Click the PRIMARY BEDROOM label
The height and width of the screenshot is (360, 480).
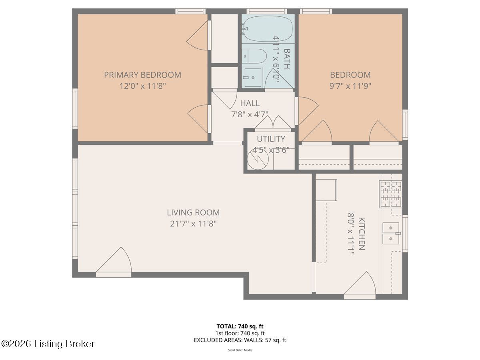pyautogui.click(x=142, y=75)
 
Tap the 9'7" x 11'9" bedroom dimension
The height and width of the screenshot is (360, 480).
pyautogui.click(x=350, y=86)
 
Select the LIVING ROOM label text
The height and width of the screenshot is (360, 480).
pyautogui.click(x=193, y=212)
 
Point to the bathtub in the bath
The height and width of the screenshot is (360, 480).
pyautogui.click(x=268, y=29)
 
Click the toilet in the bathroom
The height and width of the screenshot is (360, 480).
pyautogui.click(x=254, y=56)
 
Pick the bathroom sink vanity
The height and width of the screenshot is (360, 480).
pyautogui.click(x=252, y=77)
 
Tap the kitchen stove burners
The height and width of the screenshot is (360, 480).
pyautogui.click(x=391, y=194)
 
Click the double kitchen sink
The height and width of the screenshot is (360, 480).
pyautogui.click(x=391, y=233)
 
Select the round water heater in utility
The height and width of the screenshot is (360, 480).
pyautogui.click(x=258, y=159)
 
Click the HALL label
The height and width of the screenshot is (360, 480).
pyautogui.click(x=250, y=103)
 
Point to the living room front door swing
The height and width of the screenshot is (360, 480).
pyautogui.click(x=114, y=260)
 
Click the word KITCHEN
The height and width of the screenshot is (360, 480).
pyautogui.click(x=361, y=234)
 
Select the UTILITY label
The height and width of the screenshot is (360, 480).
pyautogui.click(x=271, y=139)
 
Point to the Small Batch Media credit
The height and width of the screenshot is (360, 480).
pyautogui.click(x=240, y=350)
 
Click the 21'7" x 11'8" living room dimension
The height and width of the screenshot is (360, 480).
pyautogui.click(x=193, y=224)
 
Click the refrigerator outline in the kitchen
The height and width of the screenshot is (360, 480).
pyautogui.click(x=326, y=190)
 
